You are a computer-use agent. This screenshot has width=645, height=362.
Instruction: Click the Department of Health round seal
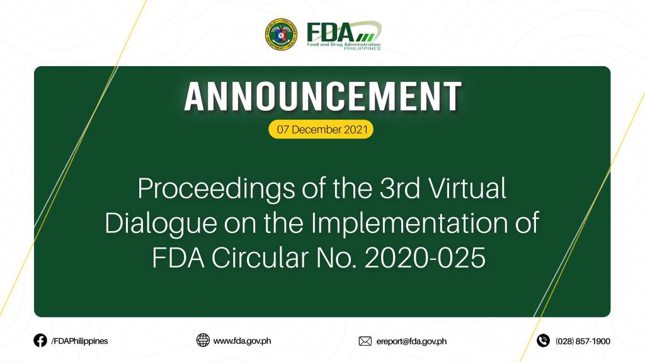[x=282, y=35]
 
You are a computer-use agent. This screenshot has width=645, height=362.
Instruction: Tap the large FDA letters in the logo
[x=330, y=32]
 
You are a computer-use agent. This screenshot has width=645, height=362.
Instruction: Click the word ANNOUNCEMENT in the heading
[x=323, y=97]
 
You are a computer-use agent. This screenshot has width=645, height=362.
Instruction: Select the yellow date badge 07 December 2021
[x=321, y=129]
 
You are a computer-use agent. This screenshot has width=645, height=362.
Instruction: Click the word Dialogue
[x=161, y=224]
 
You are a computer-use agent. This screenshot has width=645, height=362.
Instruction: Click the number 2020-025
[x=425, y=259]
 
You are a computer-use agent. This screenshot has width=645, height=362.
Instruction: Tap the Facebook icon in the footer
[x=40, y=341]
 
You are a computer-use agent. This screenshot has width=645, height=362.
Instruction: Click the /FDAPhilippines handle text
[x=79, y=341]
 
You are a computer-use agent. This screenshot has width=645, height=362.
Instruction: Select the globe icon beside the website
[x=203, y=340]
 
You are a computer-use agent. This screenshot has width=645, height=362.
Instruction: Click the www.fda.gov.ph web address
[x=242, y=341]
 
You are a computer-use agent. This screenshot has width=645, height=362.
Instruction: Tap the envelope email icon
[x=365, y=341]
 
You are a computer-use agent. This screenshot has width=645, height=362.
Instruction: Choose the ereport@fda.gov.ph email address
[x=411, y=341]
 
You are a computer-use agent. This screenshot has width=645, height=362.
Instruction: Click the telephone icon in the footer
[x=543, y=341]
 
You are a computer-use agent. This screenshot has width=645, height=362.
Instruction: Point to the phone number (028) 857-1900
[x=583, y=341]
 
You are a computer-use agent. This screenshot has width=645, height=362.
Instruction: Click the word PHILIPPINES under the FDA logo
[x=362, y=48]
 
